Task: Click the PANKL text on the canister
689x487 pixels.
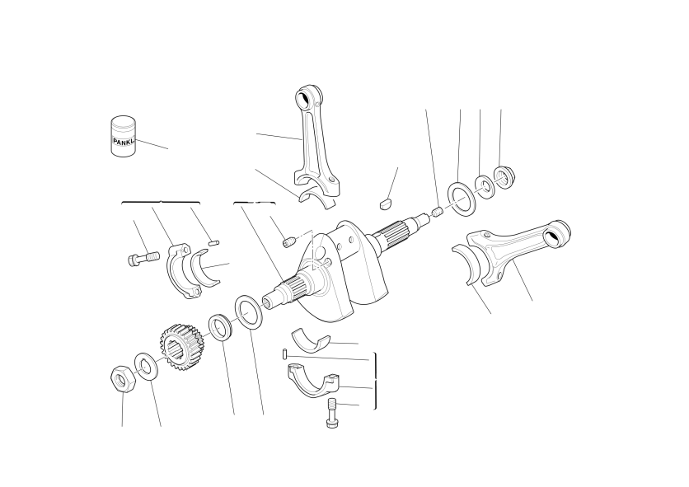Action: pos(124,142)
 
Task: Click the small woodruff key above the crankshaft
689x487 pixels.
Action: pos(386,204)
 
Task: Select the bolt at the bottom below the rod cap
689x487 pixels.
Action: pos(331,413)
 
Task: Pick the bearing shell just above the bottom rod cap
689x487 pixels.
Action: pos(311,339)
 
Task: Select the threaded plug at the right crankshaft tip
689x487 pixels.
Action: pos(437,213)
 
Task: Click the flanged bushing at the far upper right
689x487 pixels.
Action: pos(504,177)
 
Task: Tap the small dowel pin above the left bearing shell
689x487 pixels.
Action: pos(213,242)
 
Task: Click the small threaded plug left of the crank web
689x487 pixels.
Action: pos(288,241)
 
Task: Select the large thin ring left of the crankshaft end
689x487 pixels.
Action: pos(249,312)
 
